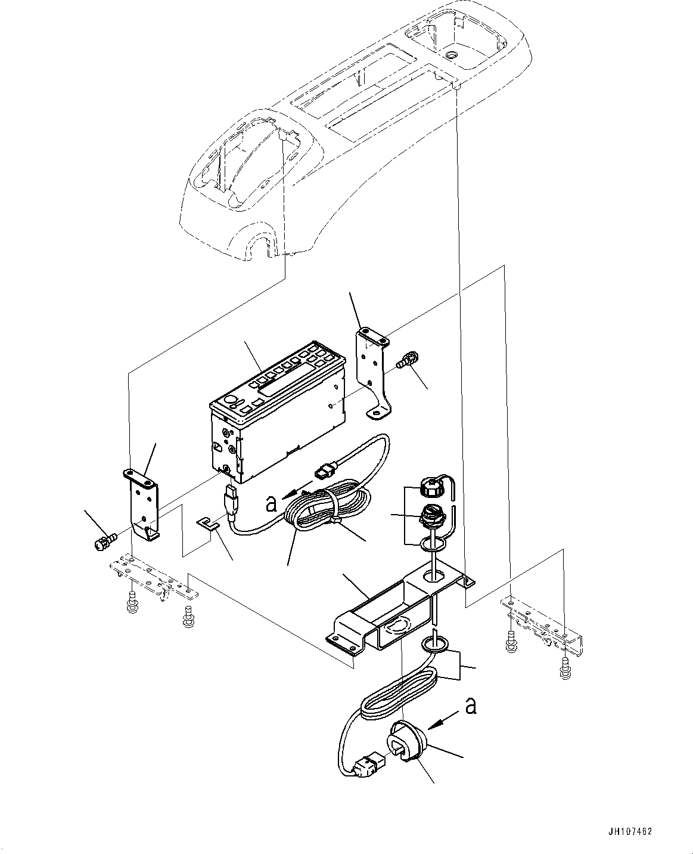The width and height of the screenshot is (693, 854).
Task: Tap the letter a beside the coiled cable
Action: pos(271,503)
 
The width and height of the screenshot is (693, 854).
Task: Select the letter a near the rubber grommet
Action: pos(471,706)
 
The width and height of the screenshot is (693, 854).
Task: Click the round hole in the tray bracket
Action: pos(436,576)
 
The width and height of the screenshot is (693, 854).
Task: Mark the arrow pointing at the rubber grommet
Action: pos(443,720)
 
